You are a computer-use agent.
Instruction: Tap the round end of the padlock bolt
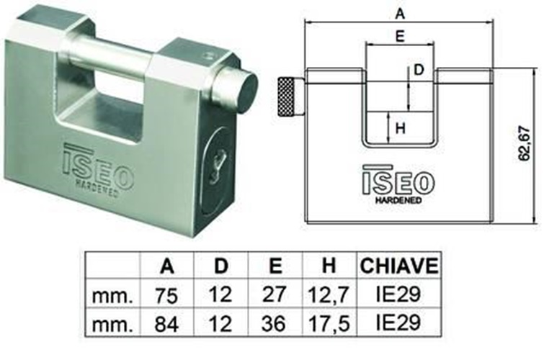pyautogui.click(x=247, y=91)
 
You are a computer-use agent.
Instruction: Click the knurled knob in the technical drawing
pyautogui.click(x=287, y=97)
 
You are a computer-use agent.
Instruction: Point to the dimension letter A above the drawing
pyautogui.click(x=401, y=13)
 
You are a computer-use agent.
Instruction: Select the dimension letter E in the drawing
pyautogui.click(x=400, y=36)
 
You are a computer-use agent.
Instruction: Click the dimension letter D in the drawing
pyautogui.click(x=419, y=70)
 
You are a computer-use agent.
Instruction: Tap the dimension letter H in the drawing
pyautogui.click(x=401, y=128)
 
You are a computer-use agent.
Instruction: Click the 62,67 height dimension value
pyautogui.click(x=525, y=143)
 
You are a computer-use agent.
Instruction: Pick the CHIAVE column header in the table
pyautogui.click(x=399, y=266)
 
